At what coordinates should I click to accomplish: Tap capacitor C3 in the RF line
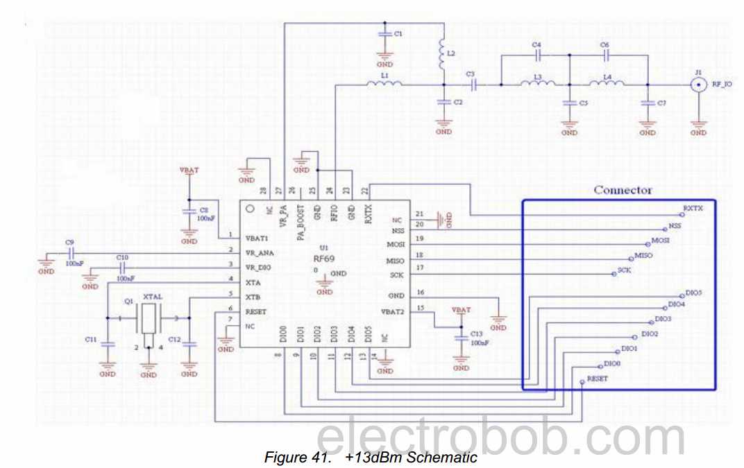[x=473, y=85]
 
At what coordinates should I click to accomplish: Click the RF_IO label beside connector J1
[x=722, y=85]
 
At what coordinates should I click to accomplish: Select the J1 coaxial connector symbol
[x=698, y=85]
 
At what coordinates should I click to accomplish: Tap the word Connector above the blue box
[x=623, y=190]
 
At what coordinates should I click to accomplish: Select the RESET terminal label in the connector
[x=597, y=379]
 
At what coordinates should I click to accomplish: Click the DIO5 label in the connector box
[x=693, y=293]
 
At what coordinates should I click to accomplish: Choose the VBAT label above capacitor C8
[x=189, y=170]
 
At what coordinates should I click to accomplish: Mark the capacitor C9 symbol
[x=71, y=253]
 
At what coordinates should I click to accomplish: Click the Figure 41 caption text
[x=371, y=458]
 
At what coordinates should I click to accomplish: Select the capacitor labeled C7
[x=648, y=103]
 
